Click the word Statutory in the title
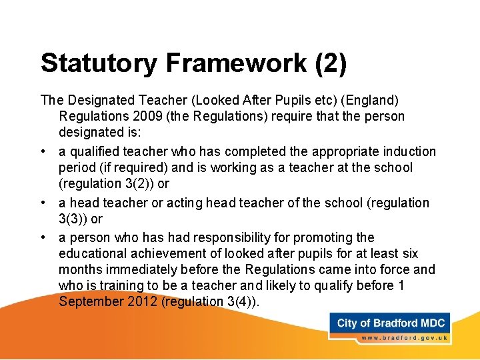[98, 63]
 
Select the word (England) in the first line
[370, 100]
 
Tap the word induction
[409, 151]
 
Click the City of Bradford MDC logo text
[391, 323]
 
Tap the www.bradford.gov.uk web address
[404, 339]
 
